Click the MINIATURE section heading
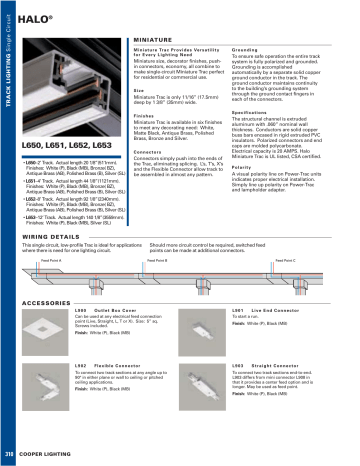(155, 35)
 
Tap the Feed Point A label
(51, 260)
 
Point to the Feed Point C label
(283, 260)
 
